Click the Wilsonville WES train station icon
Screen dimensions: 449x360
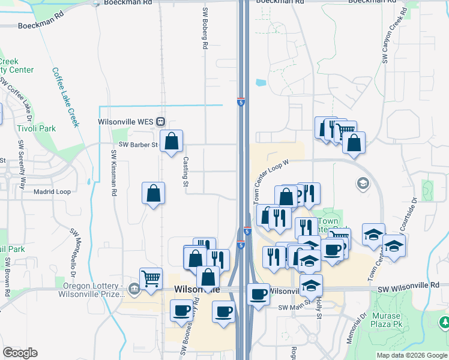(160, 121)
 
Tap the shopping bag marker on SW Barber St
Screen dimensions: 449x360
(172, 142)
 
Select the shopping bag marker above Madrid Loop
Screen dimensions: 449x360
(154, 193)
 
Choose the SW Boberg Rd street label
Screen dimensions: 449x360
(205, 28)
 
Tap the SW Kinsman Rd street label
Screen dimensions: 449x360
(112, 173)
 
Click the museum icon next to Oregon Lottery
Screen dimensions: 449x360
(134, 290)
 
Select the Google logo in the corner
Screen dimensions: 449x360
(20, 353)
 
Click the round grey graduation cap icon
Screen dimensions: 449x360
(363, 183)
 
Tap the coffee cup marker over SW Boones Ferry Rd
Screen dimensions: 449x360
(181, 311)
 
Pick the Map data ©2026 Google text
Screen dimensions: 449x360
(411, 355)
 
